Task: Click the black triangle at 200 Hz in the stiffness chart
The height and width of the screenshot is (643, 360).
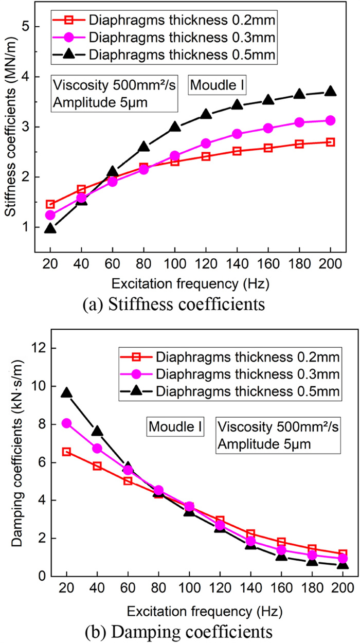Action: coord(331,92)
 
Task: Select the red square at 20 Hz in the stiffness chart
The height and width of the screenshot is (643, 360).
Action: coord(50,204)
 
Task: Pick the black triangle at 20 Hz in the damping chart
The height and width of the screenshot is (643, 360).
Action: coord(66,393)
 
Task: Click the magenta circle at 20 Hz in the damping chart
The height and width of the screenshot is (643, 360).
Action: coord(66,423)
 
